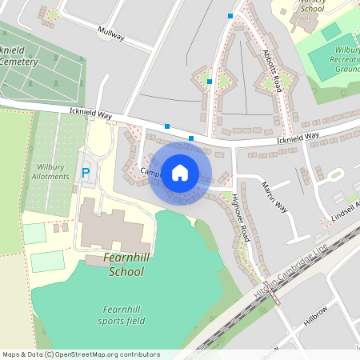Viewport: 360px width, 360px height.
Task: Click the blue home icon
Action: point(180,173)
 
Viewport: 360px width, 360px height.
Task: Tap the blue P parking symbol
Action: point(86,172)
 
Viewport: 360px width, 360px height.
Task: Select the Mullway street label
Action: point(111,33)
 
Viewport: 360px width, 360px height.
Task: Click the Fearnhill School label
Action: point(124,265)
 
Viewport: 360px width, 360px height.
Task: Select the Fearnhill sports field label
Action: point(125,316)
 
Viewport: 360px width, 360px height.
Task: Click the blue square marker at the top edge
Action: point(230,15)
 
